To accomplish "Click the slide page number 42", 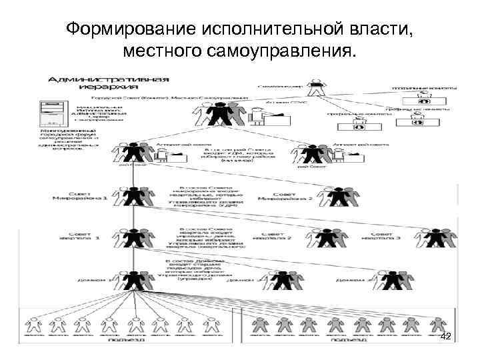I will coord(446,337).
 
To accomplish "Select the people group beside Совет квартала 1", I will coord(133,237).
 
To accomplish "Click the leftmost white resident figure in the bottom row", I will coord(36,325).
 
